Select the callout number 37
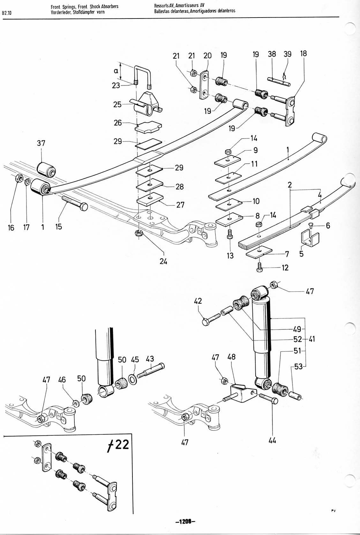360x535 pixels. pyautogui.click(x=41, y=143)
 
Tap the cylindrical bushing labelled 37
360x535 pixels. pyautogui.click(x=46, y=170)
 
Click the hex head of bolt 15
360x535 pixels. pyautogui.click(x=84, y=207)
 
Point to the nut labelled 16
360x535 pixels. pyautogui.click(x=19, y=178)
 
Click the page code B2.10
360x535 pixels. pyautogui.click(x=6, y=13)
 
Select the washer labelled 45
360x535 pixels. pyautogui.click(x=133, y=380)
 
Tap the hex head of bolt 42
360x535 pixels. pyautogui.click(x=206, y=322)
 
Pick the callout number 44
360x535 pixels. pyautogui.click(x=272, y=440)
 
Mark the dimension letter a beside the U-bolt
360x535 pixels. pyautogui.click(x=116, y=71)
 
